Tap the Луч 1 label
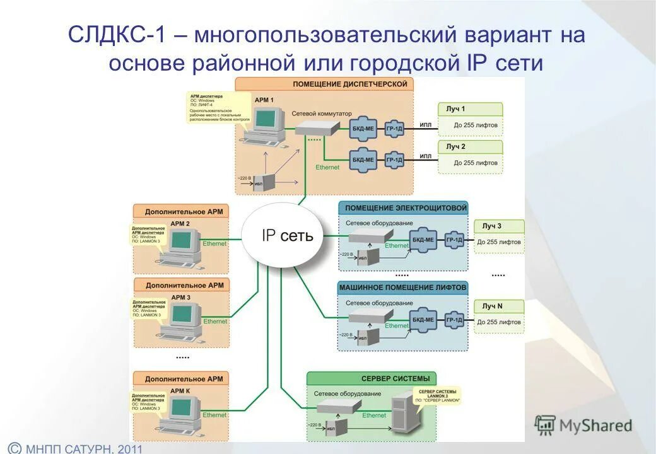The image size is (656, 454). pos(455,109)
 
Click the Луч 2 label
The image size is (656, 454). pos(455,146)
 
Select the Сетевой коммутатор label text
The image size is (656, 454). pos(322,113)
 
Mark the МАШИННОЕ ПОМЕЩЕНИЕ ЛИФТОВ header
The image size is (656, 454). pos(403,288)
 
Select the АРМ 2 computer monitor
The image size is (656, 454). pos(182,240)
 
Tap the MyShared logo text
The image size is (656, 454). pos(595,426)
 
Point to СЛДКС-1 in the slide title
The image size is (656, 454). pos(117,35)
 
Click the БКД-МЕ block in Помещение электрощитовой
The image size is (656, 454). pos(423,240)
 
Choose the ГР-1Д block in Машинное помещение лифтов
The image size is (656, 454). pos(455,320)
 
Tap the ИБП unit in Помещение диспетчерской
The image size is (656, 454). pos(266,182)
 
